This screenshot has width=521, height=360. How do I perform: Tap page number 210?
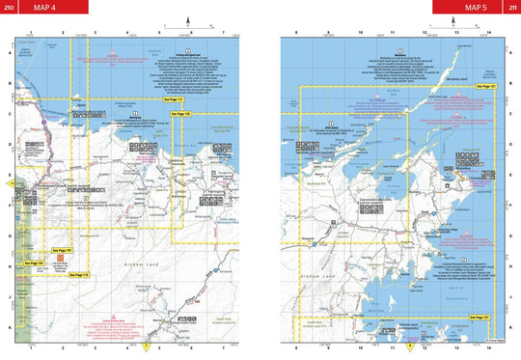tap(9, 7)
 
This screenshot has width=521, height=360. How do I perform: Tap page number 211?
tap(511, 7)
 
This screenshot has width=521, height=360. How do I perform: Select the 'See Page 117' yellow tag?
tap(172, 98)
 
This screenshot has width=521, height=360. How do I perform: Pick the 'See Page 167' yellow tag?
tap(63, 250)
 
